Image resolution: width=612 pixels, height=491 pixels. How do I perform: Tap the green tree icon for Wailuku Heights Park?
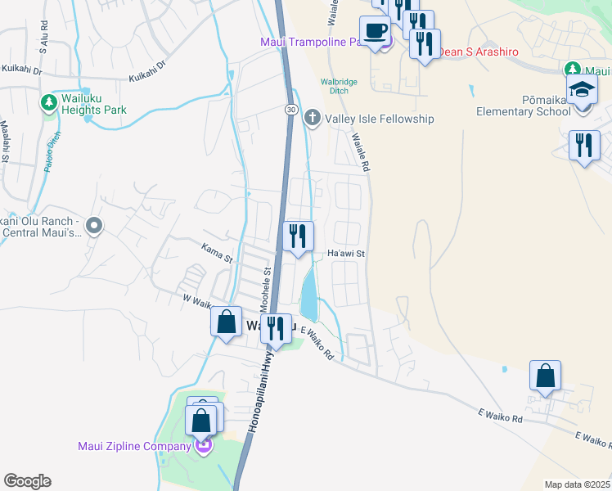click(x=48, y=103)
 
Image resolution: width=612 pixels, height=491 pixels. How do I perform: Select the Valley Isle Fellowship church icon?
click(x=312, y=119)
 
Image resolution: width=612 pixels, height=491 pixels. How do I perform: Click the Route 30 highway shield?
click(x=291, y=110)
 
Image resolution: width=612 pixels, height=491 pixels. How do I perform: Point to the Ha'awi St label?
click(x=345, y=254)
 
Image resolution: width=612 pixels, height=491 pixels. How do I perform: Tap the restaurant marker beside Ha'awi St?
click(x=297, y=236)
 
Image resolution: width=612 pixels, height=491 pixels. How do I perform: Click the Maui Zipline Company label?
click(x=134, y=446)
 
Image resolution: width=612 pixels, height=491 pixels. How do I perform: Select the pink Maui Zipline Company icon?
click(x=203, y=446)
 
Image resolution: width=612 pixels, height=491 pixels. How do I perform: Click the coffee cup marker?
click(x=376, y=31)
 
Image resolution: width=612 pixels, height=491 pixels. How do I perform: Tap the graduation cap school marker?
click(x=582, y=89)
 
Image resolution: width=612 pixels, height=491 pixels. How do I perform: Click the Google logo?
click(x=27, y=481)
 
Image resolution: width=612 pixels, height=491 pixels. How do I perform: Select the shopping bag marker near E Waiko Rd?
click(x=545, y=376)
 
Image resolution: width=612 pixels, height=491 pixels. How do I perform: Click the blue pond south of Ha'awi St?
click(x=310, y=295)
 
